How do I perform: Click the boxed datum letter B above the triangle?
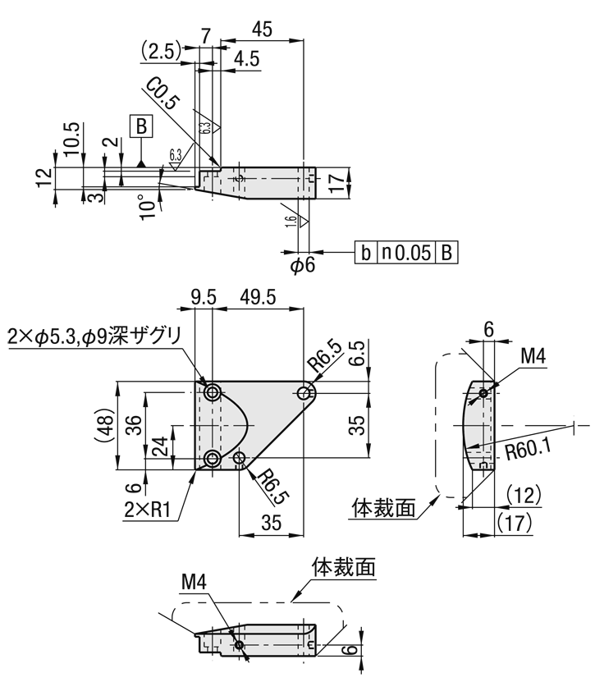(x=142, y=126)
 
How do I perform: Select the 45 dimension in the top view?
(x=263, y=30)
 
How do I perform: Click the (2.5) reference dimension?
(x=160, y=51)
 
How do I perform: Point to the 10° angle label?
(x=147, y=205)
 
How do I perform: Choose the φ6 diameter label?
(x=303, y=265)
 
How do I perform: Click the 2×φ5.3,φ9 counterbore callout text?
(x=94, y=336)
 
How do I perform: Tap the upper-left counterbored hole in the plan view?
(x=213, y=393)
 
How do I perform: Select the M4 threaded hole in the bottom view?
(x=239, y=646)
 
